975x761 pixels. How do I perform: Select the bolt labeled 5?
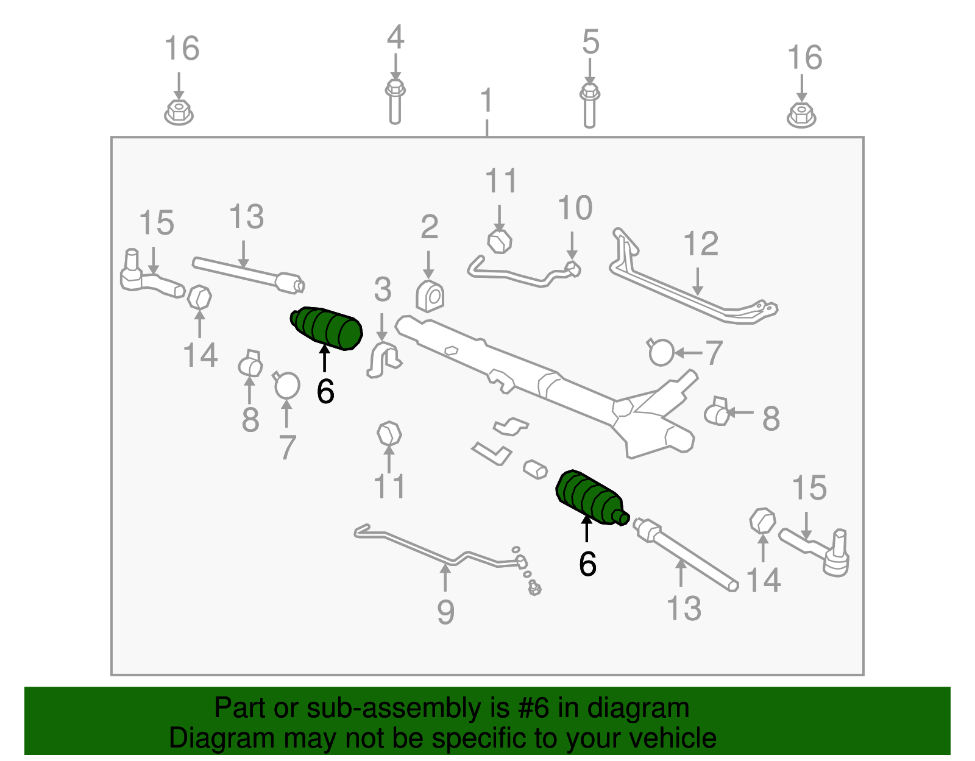point(590,106)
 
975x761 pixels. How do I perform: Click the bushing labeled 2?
point(430,296)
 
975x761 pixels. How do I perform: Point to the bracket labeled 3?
point(384,359)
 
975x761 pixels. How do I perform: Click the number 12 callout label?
point(700,244)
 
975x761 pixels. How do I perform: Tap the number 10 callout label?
point(575,208)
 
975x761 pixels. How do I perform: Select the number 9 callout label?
point(445,612)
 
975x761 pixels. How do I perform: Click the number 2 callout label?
point(430,227)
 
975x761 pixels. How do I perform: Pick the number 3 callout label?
point(383,289)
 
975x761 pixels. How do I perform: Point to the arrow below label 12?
point(697,281)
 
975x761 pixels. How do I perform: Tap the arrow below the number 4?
point(395,67)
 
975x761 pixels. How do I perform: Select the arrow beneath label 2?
point(428,264)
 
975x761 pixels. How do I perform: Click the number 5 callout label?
point(590,42)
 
